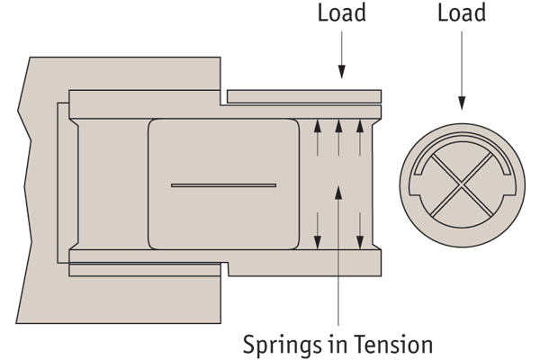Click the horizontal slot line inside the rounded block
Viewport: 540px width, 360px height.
pos(223,185)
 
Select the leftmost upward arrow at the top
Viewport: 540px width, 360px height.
pos(317,135)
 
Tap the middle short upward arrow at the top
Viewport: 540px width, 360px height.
pos(338,135)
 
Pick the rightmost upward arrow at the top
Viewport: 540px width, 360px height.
pos(360,135)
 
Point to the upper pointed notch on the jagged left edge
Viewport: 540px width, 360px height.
pos(20,112)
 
